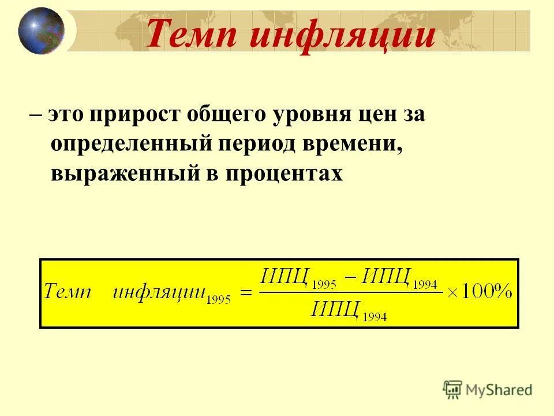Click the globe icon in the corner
[41, 30]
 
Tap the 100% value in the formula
[486, 292]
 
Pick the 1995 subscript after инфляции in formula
[218, 300]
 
